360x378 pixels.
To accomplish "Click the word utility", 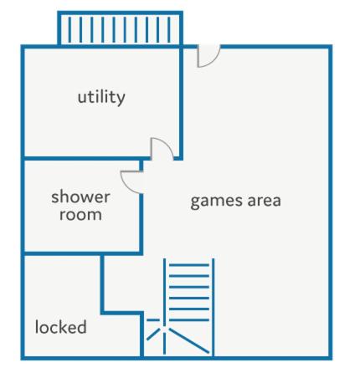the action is [101, 98].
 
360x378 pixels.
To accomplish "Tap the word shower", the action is [80, 197].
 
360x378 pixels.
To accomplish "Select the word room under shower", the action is [80, 215].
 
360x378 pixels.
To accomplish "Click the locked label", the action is [60, 327].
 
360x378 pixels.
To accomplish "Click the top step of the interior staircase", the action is [189, 265].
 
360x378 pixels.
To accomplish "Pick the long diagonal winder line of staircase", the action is [189, 340].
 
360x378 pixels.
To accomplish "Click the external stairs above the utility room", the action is [120, 28].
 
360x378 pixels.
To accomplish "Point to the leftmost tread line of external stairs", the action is [69, 29].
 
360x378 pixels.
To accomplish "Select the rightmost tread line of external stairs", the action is [169, 29].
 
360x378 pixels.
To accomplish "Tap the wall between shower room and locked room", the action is [82, 253].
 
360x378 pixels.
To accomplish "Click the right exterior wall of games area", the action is [331, 202].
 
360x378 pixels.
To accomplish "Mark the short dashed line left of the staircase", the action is [153, 319].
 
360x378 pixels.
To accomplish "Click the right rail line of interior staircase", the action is [213, 307].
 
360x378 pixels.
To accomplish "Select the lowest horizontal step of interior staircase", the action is [189, 319].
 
